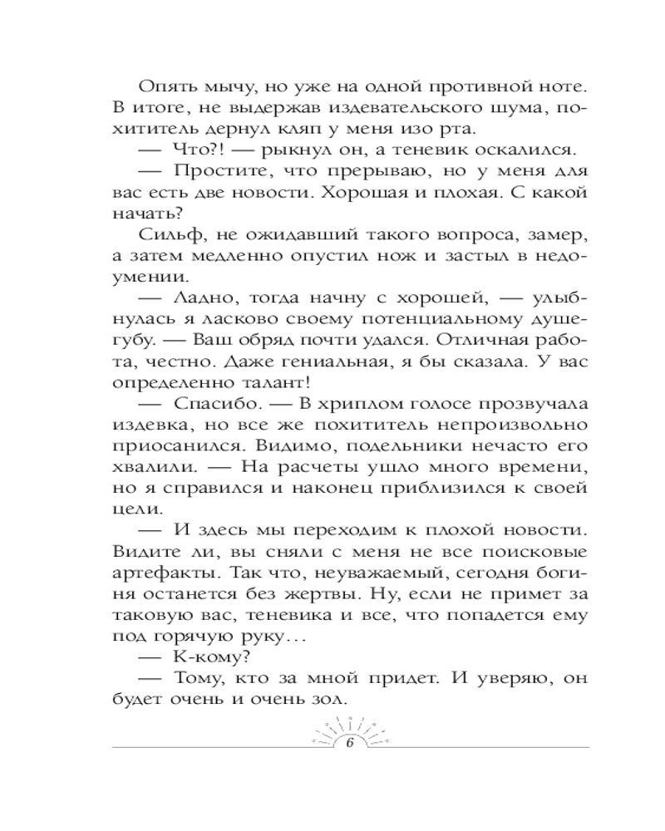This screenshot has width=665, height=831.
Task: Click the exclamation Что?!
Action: pos(193,150)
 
